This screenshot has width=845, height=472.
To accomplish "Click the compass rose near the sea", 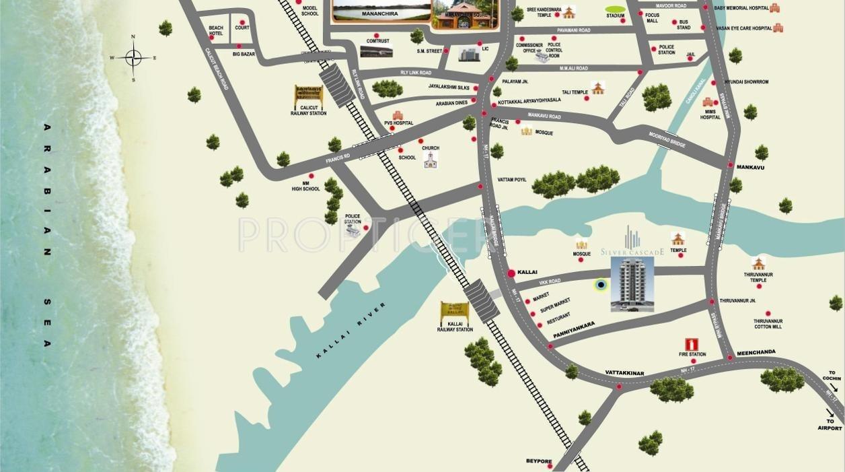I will tap(133, 58).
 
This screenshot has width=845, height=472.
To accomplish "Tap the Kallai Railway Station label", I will tap(455, 327).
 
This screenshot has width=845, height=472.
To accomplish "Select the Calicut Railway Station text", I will tap(308, 110).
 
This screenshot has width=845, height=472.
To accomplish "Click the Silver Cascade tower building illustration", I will tap(632, 284).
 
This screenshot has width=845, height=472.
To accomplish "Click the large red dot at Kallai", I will tap(511, 273).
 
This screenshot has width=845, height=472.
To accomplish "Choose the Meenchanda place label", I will tap(756, 352).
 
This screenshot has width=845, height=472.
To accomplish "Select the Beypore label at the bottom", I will tap(539, 461).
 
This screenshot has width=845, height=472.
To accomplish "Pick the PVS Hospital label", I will tap(398, 123).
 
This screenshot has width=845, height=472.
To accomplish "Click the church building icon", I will tap(430, 160).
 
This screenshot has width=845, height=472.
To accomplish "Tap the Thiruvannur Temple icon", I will tap(759, 263).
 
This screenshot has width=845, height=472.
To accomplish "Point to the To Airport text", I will tap(830, 424).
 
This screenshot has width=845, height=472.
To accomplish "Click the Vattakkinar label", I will tap(624, 373).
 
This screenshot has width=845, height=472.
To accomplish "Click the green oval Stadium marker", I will tap(615, 9).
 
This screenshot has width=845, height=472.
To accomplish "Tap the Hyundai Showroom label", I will tap(746, 82).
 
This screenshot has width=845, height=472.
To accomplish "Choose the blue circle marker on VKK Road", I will tap(601, 285).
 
